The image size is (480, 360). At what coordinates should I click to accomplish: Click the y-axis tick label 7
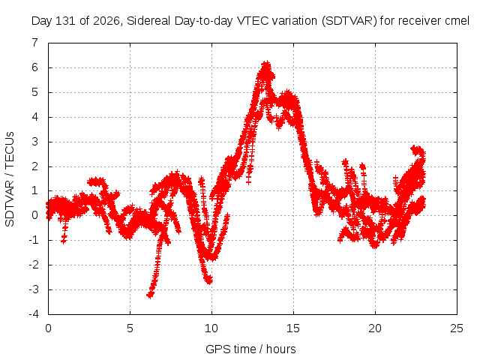tap(35, 43)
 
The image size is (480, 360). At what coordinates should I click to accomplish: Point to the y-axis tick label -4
tap(34, 314)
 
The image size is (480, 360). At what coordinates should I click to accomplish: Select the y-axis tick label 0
tap(35, 215)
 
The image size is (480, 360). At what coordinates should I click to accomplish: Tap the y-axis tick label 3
tap(35, 142)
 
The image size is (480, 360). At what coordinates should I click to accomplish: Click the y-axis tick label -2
tap(34, 265)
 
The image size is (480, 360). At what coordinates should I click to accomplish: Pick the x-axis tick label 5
tap(130, 328)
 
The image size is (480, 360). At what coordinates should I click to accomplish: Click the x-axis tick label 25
tap(457, 328)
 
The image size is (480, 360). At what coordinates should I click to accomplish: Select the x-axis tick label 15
tap(293, 328)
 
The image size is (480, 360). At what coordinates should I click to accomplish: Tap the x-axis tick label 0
tap(48, 328)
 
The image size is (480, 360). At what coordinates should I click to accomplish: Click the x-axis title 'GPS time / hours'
tap(250, 349)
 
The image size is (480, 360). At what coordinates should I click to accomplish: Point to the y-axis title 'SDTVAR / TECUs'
tap(10, 179)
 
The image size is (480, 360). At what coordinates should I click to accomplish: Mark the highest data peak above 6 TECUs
tap(266, 64)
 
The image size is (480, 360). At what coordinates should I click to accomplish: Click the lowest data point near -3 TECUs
tap(150, 295)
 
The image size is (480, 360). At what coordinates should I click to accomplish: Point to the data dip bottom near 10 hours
tap(209, 280)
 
